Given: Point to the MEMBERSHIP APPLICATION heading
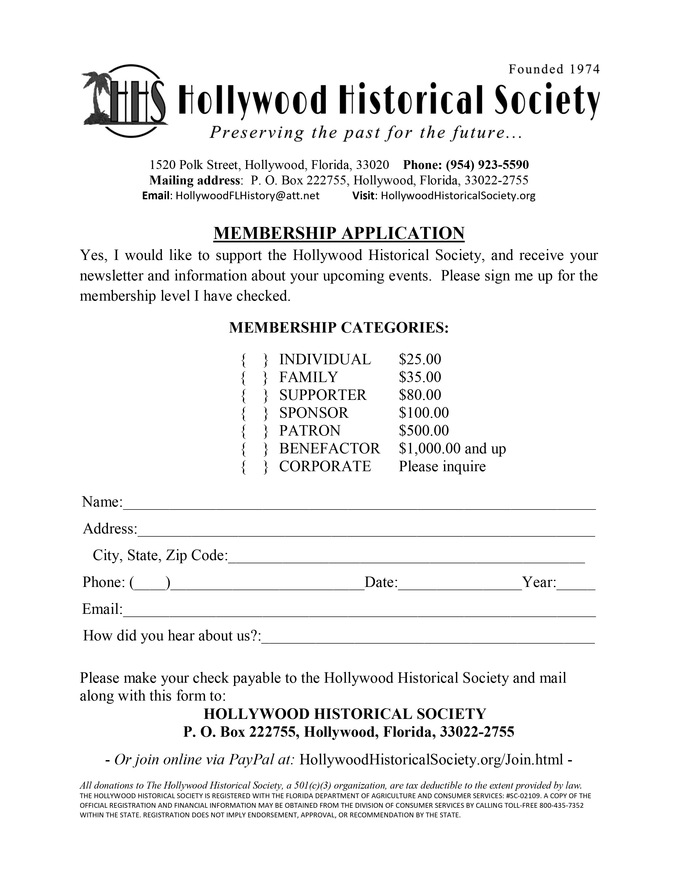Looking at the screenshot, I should pyautogui.click(x=338, y=233).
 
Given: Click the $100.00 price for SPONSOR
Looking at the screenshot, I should pyautogui.click(x=424, y=413).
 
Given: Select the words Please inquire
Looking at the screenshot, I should pyautogui.click(x=442, y=466).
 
